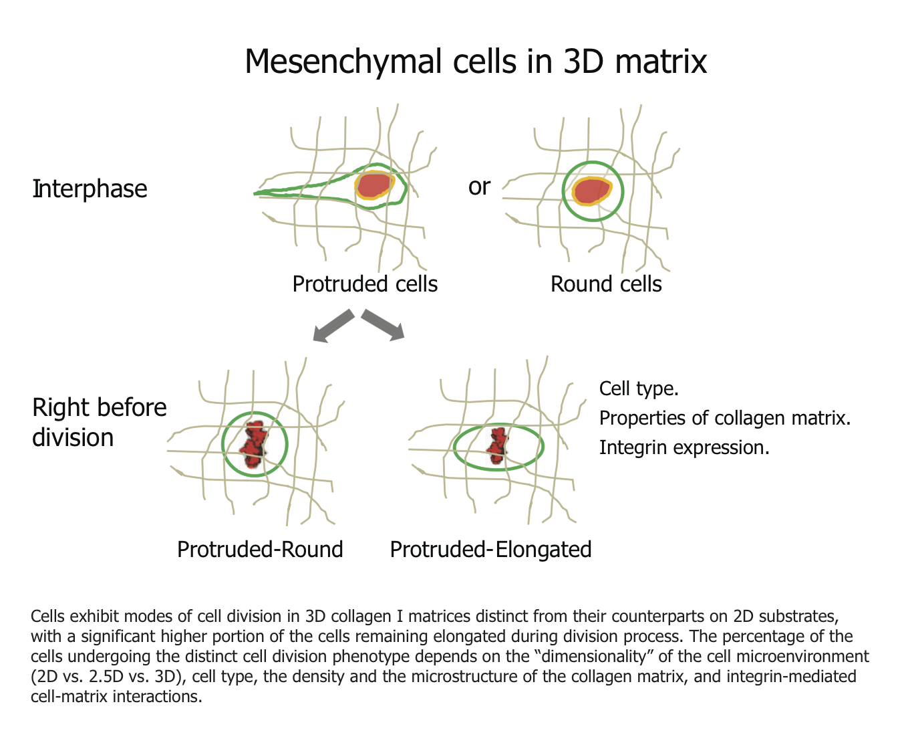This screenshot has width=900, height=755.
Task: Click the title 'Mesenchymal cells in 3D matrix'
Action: [x=475, y=62]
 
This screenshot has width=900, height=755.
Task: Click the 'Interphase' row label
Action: [x=90, y=189]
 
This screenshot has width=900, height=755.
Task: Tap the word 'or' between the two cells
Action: [x=479, y=187]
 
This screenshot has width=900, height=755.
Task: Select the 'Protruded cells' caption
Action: [x=365, y=284]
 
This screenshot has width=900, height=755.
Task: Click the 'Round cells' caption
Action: [x=605, y=284]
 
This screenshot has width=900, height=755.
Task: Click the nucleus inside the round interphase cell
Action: [x=591, y=191]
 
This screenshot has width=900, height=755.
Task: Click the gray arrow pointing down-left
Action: [x=333, y=326]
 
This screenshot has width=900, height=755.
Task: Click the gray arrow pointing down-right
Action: [x=384, y=324]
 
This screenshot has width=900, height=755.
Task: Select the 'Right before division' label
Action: [x=99, y=422]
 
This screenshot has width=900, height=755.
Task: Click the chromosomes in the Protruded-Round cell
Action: [x=254, y=444]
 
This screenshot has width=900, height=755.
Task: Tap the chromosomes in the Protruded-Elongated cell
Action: [x=497, y=445]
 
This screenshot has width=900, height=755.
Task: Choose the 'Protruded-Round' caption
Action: [x=260, y=550]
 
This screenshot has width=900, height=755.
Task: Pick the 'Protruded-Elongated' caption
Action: [x=490, y=550]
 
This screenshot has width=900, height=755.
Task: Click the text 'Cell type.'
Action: [x=639, y=389]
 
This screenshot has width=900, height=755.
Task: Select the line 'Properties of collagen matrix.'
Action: [x=725, y=418]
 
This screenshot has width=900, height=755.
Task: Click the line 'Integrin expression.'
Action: [x=684, y=447]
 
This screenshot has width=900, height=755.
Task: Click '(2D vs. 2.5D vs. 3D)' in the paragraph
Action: [x=110, y=676]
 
